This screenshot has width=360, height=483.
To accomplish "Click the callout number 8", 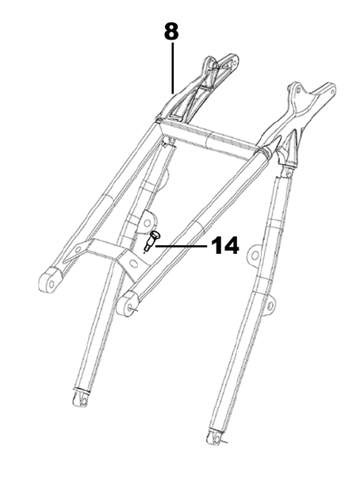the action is click(171, 31).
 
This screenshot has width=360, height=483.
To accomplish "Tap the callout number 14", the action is click(225, 246).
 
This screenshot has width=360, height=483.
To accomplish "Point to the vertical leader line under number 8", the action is click(173, 67).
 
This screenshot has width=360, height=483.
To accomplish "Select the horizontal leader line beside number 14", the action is click(181, 246).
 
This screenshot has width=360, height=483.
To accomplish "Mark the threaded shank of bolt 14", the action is click(148, 246).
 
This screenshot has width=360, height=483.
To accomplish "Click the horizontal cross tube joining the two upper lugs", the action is click(210, 138).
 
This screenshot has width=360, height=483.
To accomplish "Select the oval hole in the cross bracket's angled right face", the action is click(133, 263).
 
